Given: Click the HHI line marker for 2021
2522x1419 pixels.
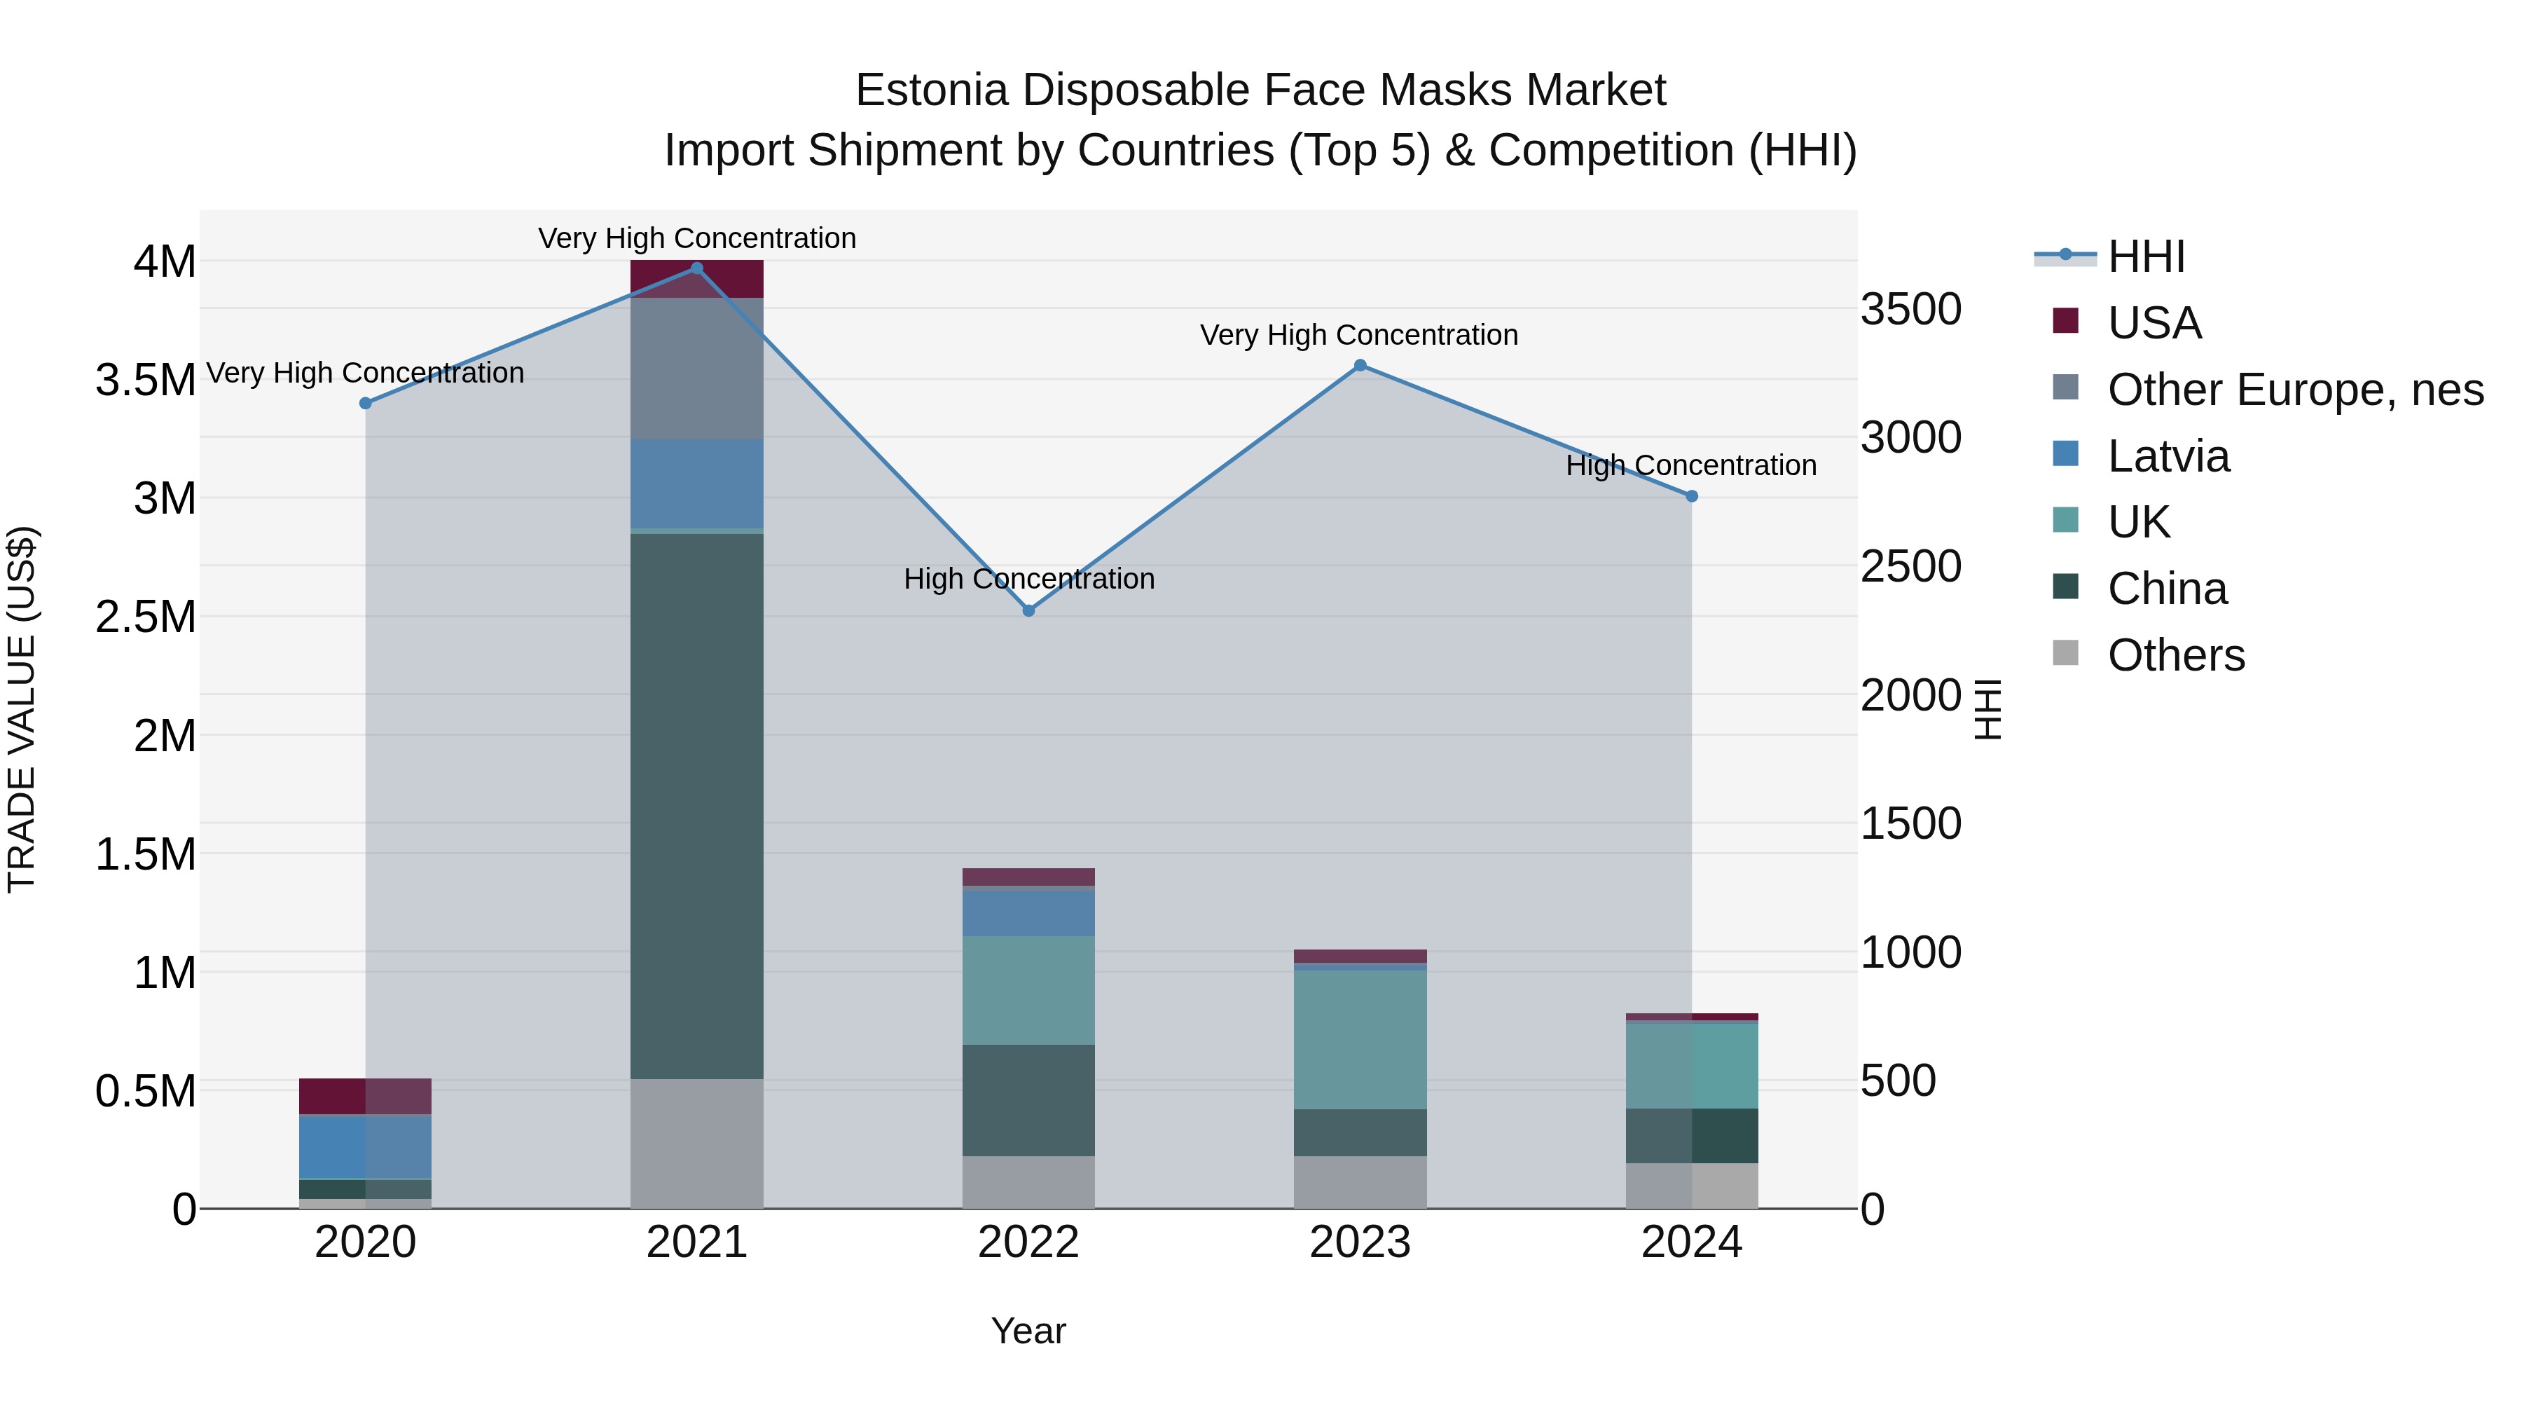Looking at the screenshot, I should tap(697, 268).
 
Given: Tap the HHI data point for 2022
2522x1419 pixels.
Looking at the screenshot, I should tap(1029, 611).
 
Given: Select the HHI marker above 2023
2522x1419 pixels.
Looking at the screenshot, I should tap(1360, 365).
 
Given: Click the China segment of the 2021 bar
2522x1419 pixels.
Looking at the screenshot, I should tap(697, 805).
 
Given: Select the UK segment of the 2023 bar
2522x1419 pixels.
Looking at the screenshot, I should tap(1360, 1039).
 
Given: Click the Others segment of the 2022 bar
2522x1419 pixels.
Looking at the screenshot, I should tap(1029, 1182).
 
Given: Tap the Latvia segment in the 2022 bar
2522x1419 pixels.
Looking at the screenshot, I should tap(1029, 912).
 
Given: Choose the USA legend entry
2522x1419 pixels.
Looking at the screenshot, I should tap(2154, 323).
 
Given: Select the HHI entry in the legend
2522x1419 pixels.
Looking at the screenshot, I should tap(2145, 256).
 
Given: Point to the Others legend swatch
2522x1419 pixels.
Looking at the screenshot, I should tap(2066, 653).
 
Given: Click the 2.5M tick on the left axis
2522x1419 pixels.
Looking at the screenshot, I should tap(146, 617).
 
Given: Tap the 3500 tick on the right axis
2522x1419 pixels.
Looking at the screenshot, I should tap(1910, 310).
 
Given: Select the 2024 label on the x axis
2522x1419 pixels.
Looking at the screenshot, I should tap(1691, 1242).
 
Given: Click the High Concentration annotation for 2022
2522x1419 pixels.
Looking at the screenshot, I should tap(1029, 579).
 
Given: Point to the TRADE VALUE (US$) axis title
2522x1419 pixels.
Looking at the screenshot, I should tap(22, 709).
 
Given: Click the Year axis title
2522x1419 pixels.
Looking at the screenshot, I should tap(1028, 1331).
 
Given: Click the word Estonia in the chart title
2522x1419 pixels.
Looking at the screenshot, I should tap(931, 90).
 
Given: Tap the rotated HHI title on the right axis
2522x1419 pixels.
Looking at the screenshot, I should tap(1987, 709).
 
